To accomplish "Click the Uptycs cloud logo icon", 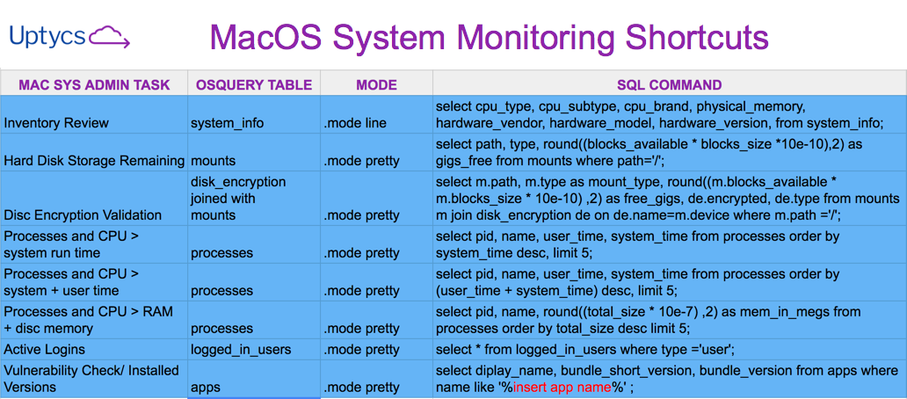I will click(x=110, y=37).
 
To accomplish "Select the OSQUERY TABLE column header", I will click(x=253, y=85).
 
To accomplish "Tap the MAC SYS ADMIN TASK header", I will click(x=94, y=85).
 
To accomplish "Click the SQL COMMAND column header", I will click(x=669, y=85).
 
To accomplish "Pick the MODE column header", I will click(x=376, y=85).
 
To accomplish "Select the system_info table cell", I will click(x=227, y=123).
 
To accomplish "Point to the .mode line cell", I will click(x=355, y=123).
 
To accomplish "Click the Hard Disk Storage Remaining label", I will click(x=94, y=161).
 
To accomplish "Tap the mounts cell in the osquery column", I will click(x=214, y=161).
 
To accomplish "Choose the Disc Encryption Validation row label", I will click(x=83, y=215).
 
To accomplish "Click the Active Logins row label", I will click(x=45, y=349).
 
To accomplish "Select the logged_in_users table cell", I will click(x=240, y=349).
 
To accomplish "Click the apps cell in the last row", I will click(x=205, y=387).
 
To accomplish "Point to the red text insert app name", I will click(x=562, y=388).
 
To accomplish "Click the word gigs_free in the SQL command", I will click(x=468, y=162).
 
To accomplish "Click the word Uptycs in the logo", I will click(x=47, y=36).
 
